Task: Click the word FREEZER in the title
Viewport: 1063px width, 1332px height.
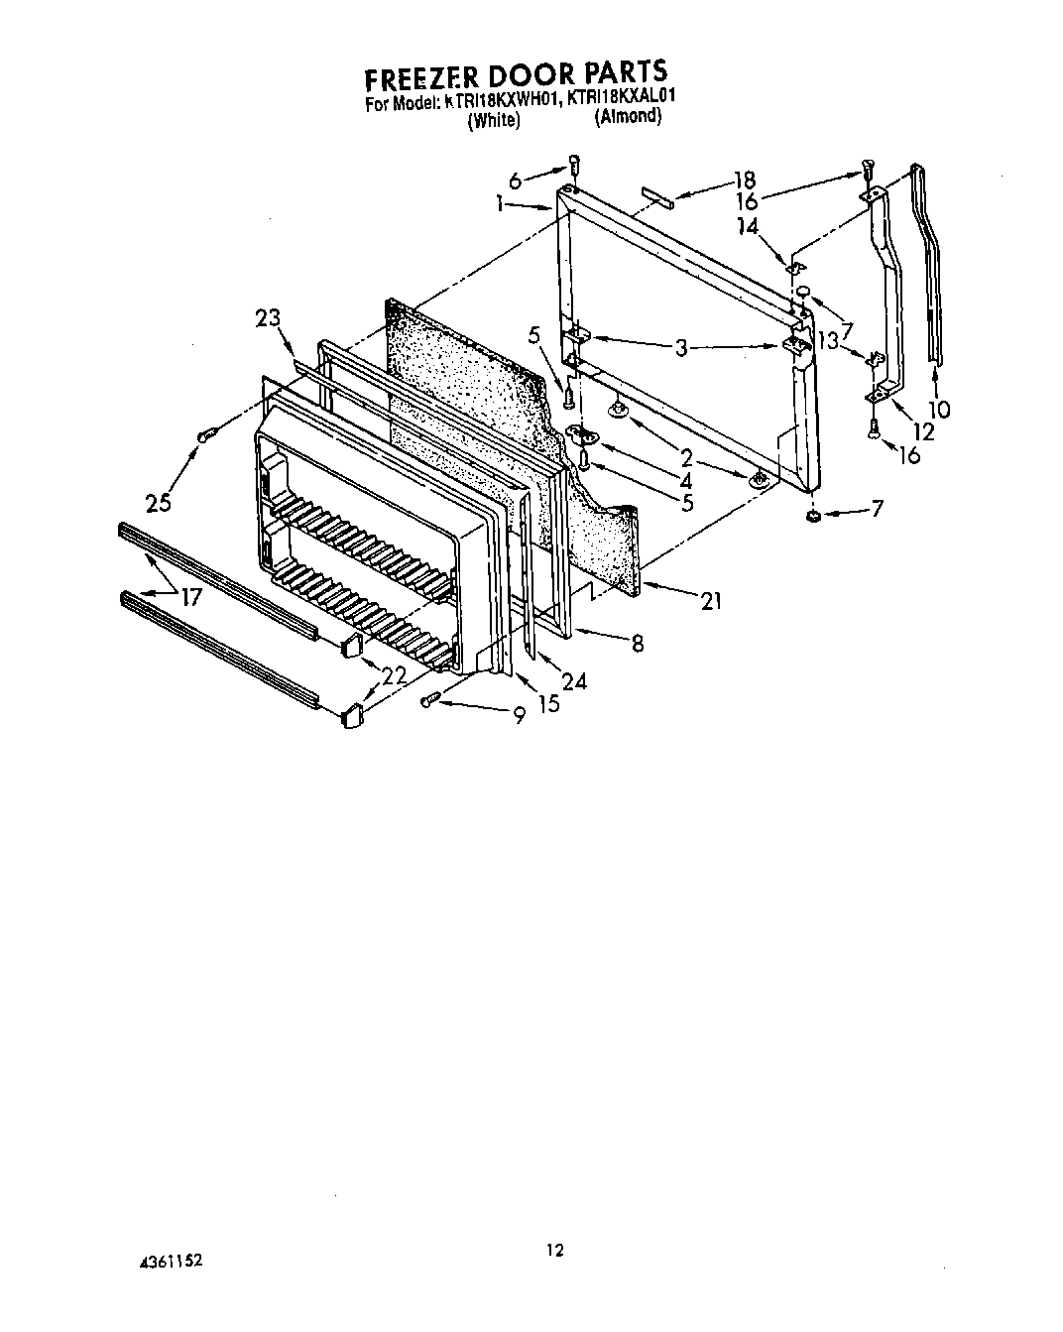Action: tap(428, 76)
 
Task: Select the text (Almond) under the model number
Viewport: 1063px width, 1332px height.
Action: tap(627, 117)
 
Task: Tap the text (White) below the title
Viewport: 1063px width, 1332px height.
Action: tap(493, 120)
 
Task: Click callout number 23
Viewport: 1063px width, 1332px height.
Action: tap(268, 318)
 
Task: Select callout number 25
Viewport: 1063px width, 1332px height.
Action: tap(158, 503)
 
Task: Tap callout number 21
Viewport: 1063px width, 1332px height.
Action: tap(710, 600)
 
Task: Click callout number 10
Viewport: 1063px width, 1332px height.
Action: tap(938, 409)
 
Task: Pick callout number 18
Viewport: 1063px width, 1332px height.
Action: tap(744, 180)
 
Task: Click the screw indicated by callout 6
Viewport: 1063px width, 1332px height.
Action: tap(573, 166)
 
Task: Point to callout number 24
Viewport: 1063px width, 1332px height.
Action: tap(573, 680)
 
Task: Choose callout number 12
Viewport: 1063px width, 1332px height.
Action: tap(922, 432)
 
